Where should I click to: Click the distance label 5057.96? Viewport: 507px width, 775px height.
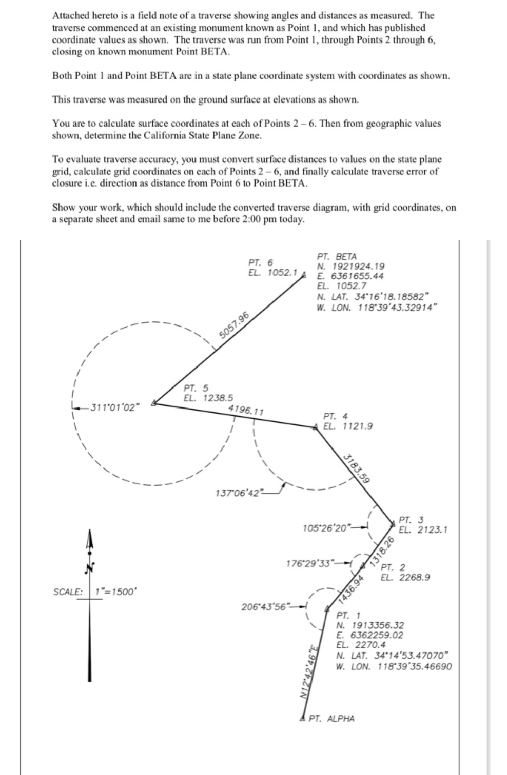pyautogui.click(x=234, y=325)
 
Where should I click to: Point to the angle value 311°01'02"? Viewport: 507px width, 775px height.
pyautogui.click(x=114, y=407)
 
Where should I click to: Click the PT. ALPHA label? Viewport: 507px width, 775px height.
pyautogui.click(x=331, y=719)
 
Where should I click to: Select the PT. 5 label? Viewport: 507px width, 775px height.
pyautogui.click(x=196, y=388)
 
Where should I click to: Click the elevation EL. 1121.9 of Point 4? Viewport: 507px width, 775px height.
pyautogui.click(x=348, y=426)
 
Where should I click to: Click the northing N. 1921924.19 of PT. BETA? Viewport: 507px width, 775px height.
pyautogui.click(x=351, y=266)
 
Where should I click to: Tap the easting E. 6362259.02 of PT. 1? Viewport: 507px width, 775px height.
pyautogui.click(x=370, y=635)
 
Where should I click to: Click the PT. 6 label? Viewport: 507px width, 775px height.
pyautogui.click(x=260, y=263)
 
